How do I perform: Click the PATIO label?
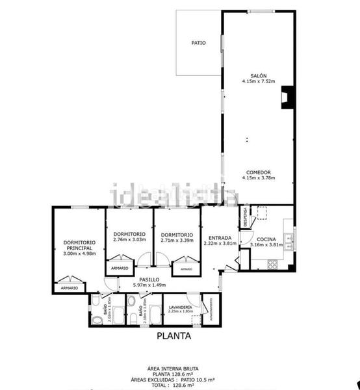click(198, 43)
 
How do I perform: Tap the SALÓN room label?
click(259, 75)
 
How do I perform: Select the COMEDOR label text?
click(259, 172)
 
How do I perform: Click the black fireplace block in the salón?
click(285, 98)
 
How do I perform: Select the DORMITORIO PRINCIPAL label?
click(79, 245)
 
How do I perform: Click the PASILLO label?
click(149, 279)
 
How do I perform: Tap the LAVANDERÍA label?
click(180, 306)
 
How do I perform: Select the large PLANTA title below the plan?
click(174, 337)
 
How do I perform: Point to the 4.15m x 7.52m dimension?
click(259, 81)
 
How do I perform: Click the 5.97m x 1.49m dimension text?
click(149, 285)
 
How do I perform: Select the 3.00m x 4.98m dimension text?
click(79, 254)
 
